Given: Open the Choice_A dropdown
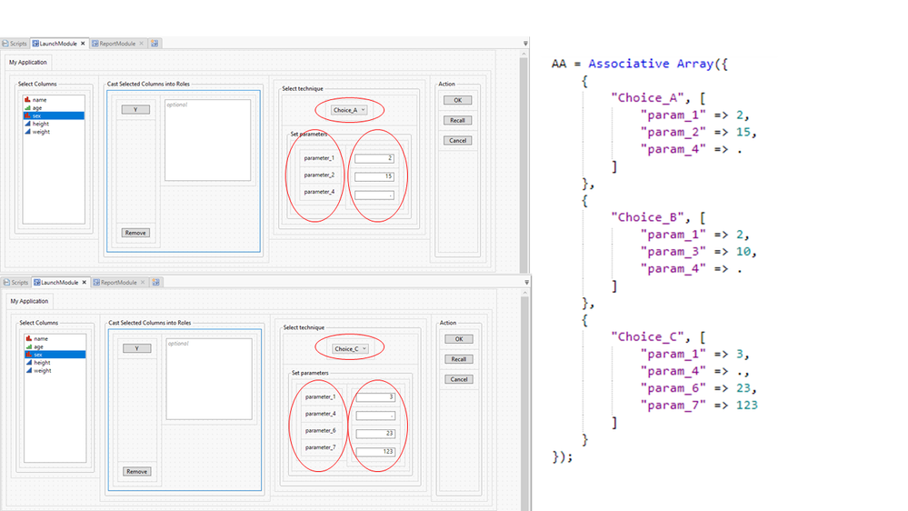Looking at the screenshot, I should [x=349, y=110].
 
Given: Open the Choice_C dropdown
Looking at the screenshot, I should [x=350, y=348].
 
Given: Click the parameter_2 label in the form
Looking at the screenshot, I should [x=319, y=175].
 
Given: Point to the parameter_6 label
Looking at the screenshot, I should [x=320, y=430].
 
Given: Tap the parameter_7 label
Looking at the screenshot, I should [x=320, y=447].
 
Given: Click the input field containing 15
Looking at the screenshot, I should [x=374, y=175].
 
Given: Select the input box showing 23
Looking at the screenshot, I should [x=374, y=434].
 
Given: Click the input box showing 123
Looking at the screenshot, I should [x=374, y=452].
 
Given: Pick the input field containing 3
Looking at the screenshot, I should [x=374, y=397].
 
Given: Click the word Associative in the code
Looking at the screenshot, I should [x=629, y=65].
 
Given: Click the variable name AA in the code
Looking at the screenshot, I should [x=560, y=65].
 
